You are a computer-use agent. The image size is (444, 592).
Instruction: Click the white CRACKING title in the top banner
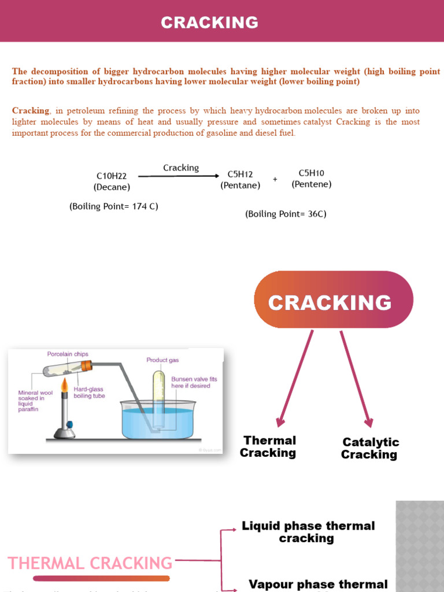click(209, 23)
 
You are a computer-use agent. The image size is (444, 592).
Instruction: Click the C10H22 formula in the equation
click(112, 176)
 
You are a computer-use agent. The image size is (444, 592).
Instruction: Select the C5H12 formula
click(240, 174)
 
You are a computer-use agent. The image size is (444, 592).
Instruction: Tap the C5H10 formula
click(311, 173)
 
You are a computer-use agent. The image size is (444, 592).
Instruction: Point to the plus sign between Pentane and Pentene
click(275, 179)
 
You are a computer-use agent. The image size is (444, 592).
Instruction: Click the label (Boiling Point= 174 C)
click(114, 206)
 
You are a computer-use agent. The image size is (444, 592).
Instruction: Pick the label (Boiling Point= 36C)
click(286, 214)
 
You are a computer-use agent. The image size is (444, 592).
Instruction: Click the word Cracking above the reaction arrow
click(181, 168)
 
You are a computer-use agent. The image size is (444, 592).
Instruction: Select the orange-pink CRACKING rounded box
click(334, 299)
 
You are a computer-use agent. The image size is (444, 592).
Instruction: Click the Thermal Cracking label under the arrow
click(269, 447)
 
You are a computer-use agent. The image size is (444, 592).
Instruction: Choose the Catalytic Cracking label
click(370, 448)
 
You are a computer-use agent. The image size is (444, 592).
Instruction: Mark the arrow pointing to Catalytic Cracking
click(356, 379)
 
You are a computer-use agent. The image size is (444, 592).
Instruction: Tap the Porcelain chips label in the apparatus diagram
click(68, 354)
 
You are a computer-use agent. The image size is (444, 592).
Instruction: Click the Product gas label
click(162, 360)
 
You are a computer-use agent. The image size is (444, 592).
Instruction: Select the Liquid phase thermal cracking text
click(308, 532)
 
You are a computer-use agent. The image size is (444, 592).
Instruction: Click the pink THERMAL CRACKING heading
click(90, 563)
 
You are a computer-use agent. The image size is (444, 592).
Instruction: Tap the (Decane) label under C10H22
click(112, 187)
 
